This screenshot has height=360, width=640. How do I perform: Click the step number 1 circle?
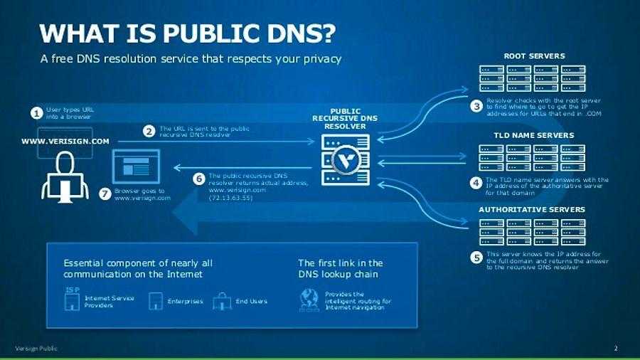[x=36, y=113]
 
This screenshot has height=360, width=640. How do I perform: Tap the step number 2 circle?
[x=149, y=132]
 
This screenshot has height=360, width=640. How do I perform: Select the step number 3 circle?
[x=476, y=106]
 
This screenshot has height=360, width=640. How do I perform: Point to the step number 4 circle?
[x=476, y=183]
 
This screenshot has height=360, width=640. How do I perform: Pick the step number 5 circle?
[x=476, y=258]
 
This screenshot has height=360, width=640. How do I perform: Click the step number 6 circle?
[x=199, y=179]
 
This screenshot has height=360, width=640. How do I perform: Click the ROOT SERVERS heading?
[x=534, y=55]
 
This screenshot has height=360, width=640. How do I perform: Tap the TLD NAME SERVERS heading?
[x=533, y=135]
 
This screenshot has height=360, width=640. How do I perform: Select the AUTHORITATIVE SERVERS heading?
[x=532, y=210]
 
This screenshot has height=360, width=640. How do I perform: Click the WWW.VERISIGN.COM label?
[x=65, y=142]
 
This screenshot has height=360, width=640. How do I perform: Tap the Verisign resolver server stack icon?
[x=346, y=161]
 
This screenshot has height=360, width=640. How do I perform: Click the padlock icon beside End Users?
[x=223, y=301]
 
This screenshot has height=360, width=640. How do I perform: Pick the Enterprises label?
[x=185, y=302]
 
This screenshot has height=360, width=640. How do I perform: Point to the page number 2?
[x=616, y=349]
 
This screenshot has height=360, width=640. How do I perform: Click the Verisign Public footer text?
[x=36, y=349]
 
